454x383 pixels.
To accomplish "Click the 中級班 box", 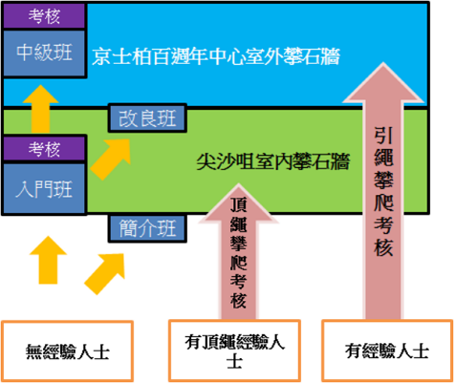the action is coord(44,53).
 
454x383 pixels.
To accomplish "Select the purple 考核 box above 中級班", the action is coord(44,15).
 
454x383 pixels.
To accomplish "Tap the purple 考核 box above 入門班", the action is coord(44,148).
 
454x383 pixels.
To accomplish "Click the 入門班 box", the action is coord(44,188).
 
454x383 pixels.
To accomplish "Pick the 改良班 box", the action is coord(147,118).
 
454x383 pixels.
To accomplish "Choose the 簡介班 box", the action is coord(147,228).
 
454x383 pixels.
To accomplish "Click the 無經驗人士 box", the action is coord(67,351).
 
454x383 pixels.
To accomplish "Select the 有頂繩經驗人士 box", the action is coord(234,351).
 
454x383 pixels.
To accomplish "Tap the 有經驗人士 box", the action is coord(387,351).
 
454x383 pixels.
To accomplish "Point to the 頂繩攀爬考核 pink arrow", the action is coord(238,251).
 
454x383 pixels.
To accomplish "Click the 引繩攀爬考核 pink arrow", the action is coord(383,191).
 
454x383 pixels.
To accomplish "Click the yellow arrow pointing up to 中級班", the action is coord(40,108).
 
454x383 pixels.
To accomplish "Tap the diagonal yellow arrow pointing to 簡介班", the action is coord(104,274).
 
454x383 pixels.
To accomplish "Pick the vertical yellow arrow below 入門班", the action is coord(48,260).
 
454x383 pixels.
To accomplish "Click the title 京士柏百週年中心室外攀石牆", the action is coord(216,56).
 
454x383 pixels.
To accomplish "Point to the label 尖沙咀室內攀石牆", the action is coord(273,161).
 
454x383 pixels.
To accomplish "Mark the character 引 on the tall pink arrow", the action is coord(383,136).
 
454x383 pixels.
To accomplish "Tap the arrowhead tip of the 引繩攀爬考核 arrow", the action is coord(383,63).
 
